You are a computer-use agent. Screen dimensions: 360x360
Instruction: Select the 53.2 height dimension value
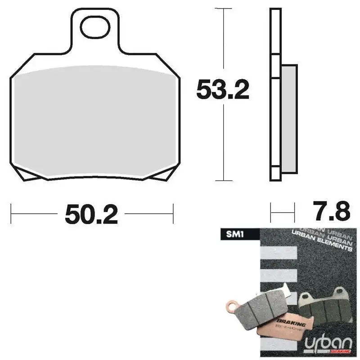coord(222,91)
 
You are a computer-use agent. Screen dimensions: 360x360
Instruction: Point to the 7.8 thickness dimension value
coord(329,211)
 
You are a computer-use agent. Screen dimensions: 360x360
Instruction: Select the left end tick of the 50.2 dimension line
coord(11,213)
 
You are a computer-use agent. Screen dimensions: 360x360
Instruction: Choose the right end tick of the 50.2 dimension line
coord(173,213)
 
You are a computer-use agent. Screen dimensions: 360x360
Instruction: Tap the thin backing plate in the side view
coord(274,94)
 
